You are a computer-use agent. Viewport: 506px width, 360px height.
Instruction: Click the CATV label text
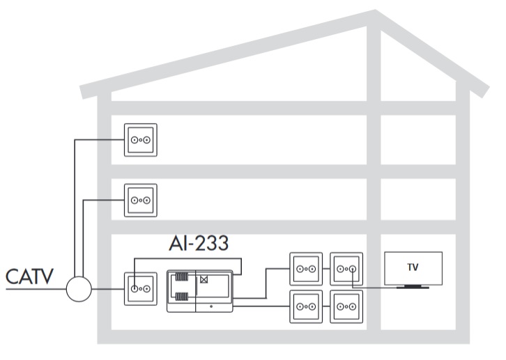[x=29, y=276]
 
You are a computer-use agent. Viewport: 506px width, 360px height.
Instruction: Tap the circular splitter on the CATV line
[x=79, y=289]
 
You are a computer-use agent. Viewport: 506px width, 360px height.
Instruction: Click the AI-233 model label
[x=199, y=243]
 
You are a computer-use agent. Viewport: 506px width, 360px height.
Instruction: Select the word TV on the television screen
[x=413, y=267]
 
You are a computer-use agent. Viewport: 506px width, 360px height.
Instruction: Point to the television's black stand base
[x=413, y=286]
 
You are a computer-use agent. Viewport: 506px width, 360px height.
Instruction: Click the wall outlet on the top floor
[x=141, y=140]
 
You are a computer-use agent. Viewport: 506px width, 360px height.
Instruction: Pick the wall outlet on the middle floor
[x=141, y=200]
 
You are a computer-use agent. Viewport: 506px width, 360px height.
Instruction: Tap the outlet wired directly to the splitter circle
[x=141, y=289]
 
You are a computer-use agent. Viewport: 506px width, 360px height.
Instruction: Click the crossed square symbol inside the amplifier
[x=204, y=280]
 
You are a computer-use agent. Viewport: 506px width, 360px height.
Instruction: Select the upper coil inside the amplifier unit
[x=181, y=277]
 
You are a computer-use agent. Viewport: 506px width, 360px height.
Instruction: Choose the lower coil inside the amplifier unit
[x=181, y=297]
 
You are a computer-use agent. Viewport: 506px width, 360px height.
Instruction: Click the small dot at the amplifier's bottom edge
[x=211, y=306]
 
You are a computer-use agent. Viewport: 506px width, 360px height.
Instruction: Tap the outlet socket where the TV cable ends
[x=353, y=269]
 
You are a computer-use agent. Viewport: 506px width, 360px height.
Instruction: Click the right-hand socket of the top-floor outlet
[x=147, y=140]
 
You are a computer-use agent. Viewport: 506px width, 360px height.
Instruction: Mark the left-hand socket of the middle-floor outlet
[x=135, y=200]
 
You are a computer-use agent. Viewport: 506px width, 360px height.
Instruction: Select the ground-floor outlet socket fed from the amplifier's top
[x=135, y=289]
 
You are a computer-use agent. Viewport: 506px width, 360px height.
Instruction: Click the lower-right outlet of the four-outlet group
[x=346, y=306]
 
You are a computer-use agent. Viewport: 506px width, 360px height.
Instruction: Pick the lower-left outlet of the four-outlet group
[x=306, y=306]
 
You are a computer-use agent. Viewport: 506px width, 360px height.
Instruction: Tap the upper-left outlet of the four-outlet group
[x=306, y=269]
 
